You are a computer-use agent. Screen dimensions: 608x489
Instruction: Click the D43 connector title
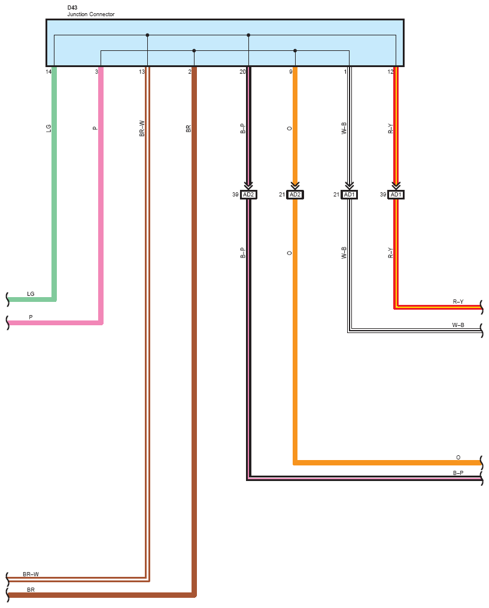[x=72, y=8]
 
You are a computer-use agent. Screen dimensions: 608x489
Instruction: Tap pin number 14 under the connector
[x=48, y=72]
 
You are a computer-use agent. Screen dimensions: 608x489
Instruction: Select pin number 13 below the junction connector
[x=141, y=72]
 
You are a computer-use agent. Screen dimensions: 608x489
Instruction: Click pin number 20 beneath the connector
[x=242, y=72]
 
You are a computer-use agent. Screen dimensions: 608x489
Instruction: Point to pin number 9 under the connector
[x=291, y=72]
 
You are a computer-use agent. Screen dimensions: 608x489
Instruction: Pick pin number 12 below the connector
[x=390, y=72]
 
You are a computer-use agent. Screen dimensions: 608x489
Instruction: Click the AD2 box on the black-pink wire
[x=248, y=195]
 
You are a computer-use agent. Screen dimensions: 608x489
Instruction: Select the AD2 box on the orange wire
[x=295, y=195]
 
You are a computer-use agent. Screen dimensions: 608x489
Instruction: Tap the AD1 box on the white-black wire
[x=350, y=195]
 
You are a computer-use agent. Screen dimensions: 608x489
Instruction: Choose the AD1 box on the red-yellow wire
[x=396, y=195]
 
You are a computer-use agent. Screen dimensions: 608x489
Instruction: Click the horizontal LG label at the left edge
[x=31, y=294]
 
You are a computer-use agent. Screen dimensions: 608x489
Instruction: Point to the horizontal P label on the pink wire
[x=31, y=317]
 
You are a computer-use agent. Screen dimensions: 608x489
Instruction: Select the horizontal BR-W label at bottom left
[x=31, y=574]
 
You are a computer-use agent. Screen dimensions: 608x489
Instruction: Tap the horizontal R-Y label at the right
[x=458, y=302]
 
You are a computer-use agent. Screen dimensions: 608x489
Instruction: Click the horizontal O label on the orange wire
[x=458, y=457]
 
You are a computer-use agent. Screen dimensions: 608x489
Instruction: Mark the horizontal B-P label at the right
[x=458, y=473]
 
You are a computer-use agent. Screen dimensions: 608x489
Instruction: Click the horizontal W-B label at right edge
[x=458, y=325]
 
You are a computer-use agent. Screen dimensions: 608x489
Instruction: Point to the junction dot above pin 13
[x=147, y=35]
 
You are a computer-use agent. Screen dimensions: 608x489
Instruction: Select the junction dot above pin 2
[x=194, y=50]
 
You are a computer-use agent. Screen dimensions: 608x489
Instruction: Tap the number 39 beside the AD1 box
[x=383, y=195]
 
